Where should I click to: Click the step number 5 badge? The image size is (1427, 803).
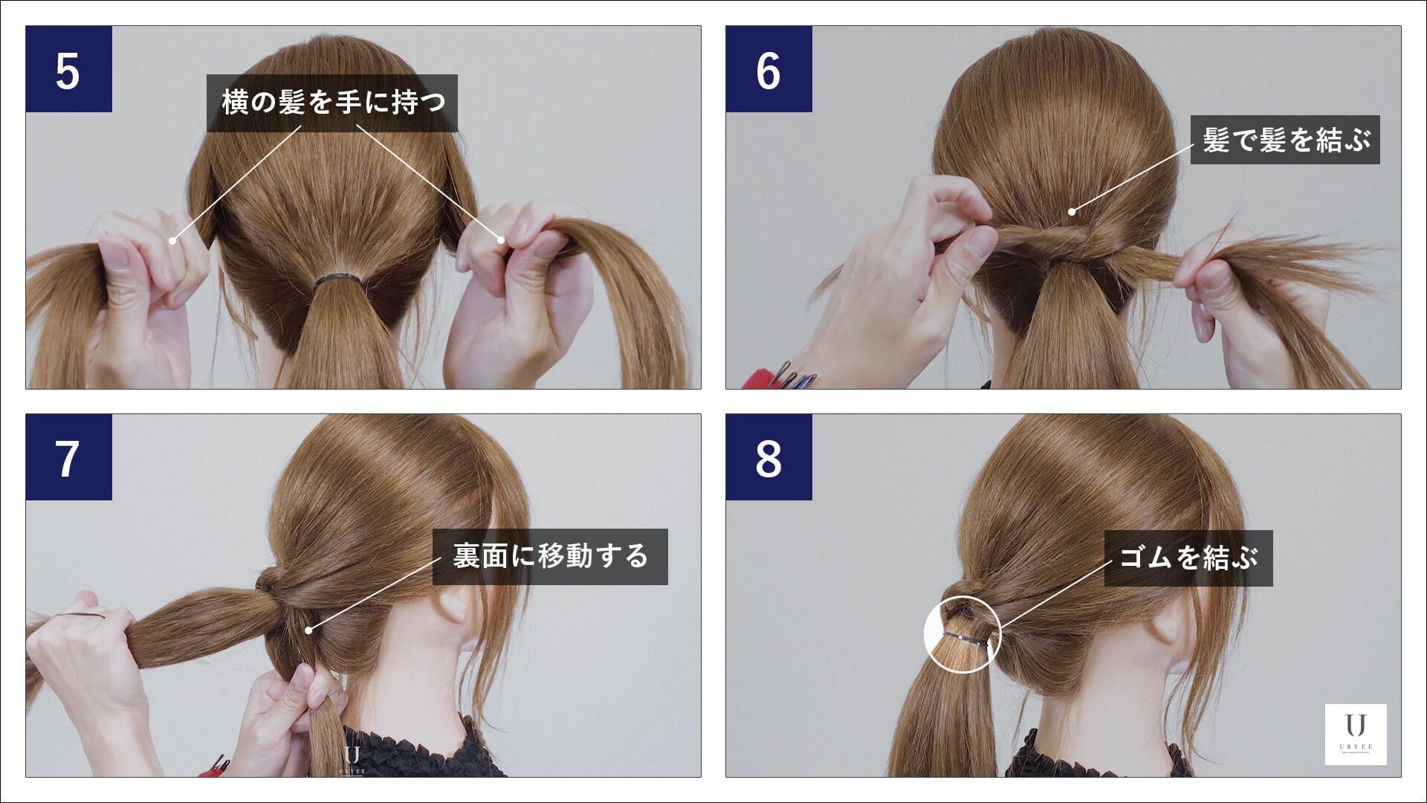tap(68, 69)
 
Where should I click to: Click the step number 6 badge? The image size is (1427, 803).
tap(768, 69)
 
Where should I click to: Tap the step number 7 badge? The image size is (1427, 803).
tap(68, 457)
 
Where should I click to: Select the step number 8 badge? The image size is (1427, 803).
tap(768, 457)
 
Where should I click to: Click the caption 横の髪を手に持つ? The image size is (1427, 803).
tap(331, 103)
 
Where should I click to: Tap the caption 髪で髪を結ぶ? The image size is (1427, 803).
tap(1285, 140)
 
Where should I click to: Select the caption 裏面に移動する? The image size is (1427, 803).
tap(550, 556)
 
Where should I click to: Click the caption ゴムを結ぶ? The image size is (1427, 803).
tap(1188, 558)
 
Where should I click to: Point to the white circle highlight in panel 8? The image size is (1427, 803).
tap(962, 635)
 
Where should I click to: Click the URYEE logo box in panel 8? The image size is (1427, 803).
tap(1356, 734)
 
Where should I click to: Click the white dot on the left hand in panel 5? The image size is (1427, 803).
tap(172, 240)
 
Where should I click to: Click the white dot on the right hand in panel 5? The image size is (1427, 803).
tap(501, 239)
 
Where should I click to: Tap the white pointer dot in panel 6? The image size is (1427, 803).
tap(1072, 212)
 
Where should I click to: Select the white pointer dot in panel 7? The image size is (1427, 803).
tap(308, 631)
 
